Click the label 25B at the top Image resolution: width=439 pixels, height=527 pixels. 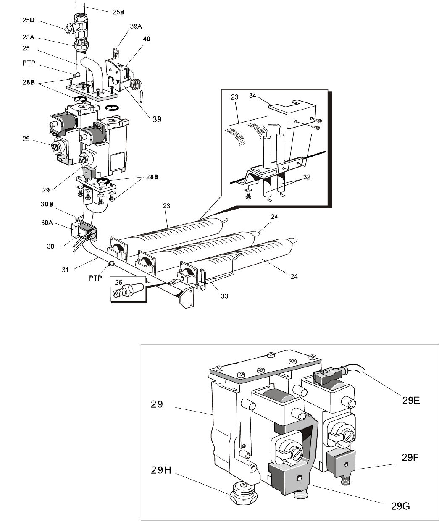(x=118, y=12)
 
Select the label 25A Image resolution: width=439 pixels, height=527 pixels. (x=28, y=37)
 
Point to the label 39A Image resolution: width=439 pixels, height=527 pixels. (x=136, y=26)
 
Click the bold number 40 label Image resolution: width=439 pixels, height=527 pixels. (x=146, y=39)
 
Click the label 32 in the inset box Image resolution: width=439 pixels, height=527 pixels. (x=307, y=177)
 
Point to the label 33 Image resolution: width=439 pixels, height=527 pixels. (x=224, y=296)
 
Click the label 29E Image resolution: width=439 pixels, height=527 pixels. (x=410, y=400)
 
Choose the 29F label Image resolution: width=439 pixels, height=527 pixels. (x=410, y=458)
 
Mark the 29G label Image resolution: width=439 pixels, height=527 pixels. (x=400, y=506)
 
